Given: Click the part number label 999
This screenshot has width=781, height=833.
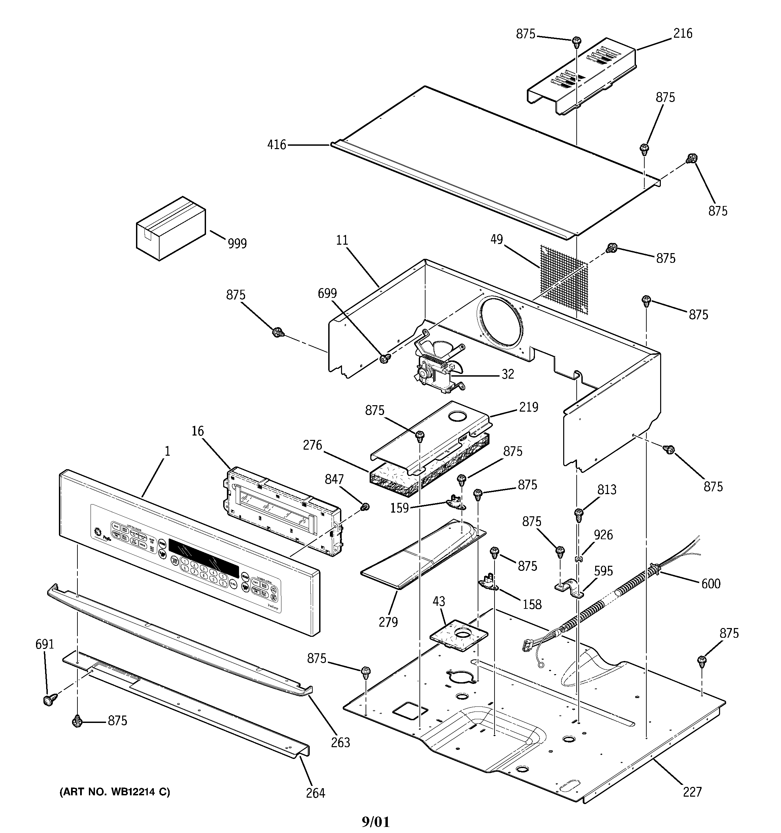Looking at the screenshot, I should click(x=237, y=243).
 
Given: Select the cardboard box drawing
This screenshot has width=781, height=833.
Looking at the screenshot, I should click(x=171, y=229).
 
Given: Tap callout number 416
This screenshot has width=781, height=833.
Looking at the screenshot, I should click(x=277, y=145).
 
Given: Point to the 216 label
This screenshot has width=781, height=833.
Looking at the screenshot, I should click(x=683, y=34).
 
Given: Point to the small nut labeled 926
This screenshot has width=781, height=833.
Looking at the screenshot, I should click(x=578, y=559).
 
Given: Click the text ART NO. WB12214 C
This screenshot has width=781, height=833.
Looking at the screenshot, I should click(x=115, y=792).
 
